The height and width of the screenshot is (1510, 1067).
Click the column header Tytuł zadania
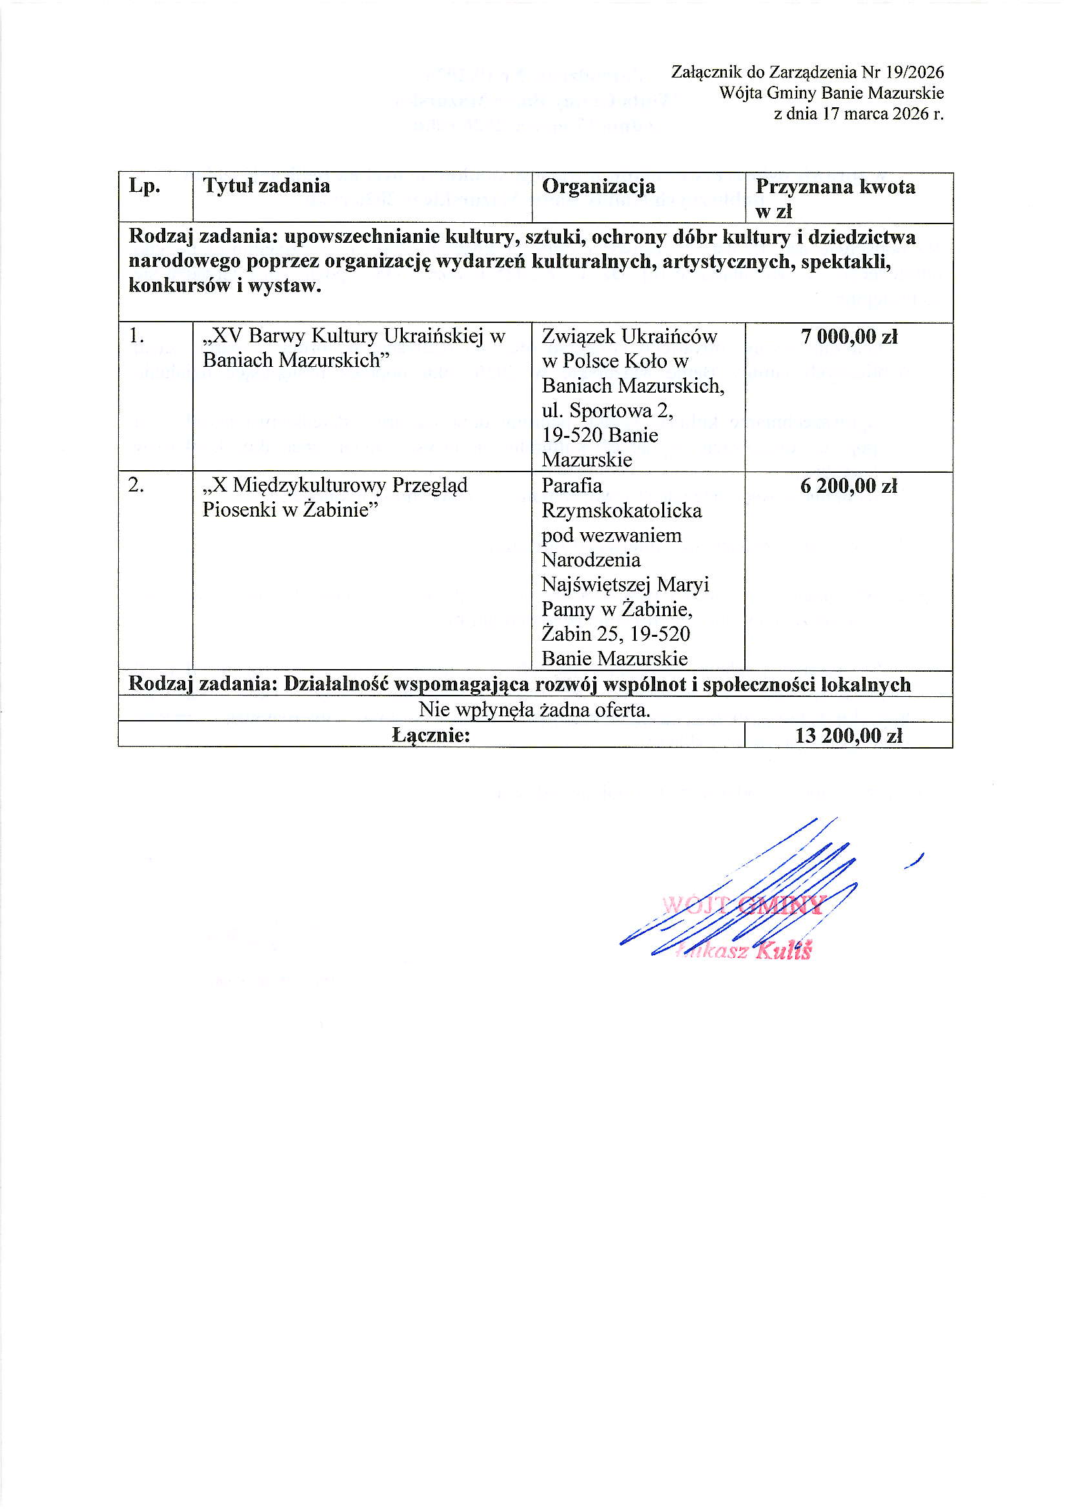pyautogui.click(x=266, y=186)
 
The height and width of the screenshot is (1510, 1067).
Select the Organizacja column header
pyautogui.click(x=598, y=186)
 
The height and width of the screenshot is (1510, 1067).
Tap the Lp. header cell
pyautogui.click(x=145, y=186)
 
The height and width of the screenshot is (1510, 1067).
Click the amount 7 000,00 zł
pyautogui.click(x=849, y=336)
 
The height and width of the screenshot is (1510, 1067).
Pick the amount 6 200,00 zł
pyautogui.click(x=849, y=486)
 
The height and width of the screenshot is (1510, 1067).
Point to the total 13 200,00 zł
pyautogui.click(x=849, y=735)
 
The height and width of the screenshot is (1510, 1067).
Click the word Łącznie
pyautogui.click(x=431, y=735)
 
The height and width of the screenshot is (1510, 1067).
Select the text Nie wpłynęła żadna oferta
pyautogui.click(x=534, y=710)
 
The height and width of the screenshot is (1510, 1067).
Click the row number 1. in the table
pyautogui.click(x=137, y=336)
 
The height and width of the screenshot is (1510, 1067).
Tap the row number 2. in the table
pyautogui.click(x=137, y=486)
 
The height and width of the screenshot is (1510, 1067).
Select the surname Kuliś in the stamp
pyautogui.click(x=785, y=951)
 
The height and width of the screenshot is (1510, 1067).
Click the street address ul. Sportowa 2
pyautogui.click(x=607, y=410)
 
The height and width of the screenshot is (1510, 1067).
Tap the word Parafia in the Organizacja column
pyautogui.click(x=571, y=486)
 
